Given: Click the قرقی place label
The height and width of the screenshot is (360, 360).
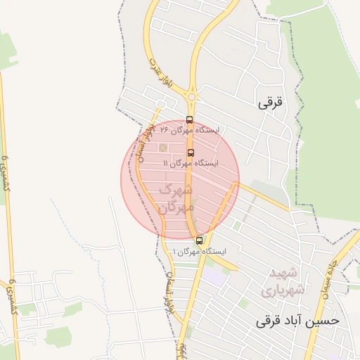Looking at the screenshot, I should coord(269,103).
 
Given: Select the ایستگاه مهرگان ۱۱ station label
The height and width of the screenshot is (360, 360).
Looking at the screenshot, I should coord(191,163).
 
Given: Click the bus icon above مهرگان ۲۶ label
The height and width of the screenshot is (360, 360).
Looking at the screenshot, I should coord(189,120).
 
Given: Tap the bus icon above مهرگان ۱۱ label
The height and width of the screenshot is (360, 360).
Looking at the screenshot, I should coord(191,152).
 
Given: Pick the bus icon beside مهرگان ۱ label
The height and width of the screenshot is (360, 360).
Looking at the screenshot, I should coord(199,240).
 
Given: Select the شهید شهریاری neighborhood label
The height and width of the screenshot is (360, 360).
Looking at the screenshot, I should coord(281,281).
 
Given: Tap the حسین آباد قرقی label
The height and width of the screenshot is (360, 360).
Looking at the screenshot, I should coord(297,321).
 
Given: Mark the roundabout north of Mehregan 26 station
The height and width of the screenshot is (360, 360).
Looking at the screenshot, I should coord(192,96).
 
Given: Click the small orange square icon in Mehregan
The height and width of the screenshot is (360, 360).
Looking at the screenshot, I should coord(163,148).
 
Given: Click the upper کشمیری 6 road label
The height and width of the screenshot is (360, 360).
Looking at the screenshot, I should coord(7,173).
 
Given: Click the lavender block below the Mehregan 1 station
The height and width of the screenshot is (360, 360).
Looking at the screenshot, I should coord(214,275).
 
